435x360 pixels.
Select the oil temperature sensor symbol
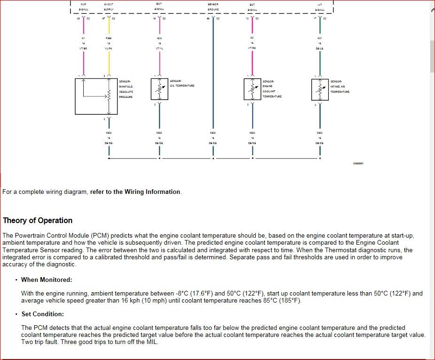click(159, 89)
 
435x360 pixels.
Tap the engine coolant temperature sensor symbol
click(252, 89)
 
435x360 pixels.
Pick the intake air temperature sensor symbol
click(320, 89)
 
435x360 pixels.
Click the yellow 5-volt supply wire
click(109, 61)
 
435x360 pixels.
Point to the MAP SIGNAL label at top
click(83, 7)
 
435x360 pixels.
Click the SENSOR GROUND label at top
click(213, 7)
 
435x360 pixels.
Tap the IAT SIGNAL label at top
click(320, 7)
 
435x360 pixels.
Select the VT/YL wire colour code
click(159, 48)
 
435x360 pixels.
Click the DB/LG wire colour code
click(320, 48)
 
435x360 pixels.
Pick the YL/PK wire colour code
click(109, 48)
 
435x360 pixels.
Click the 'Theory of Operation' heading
click(38, 220)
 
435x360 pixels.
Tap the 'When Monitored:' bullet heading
click(47, 280)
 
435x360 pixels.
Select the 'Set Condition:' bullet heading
click(43, 314)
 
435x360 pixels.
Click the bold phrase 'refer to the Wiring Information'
click(135, 192)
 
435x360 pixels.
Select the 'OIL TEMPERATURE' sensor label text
click(182, 86)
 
